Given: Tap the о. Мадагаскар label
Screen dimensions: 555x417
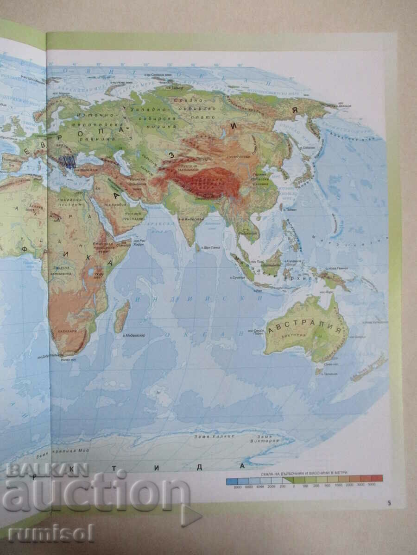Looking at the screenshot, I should [x=135, y=334].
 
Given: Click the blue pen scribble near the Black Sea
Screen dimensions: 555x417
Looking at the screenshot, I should [x=69, y=162].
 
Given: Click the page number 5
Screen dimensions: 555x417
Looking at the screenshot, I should [x=390, y=502].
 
